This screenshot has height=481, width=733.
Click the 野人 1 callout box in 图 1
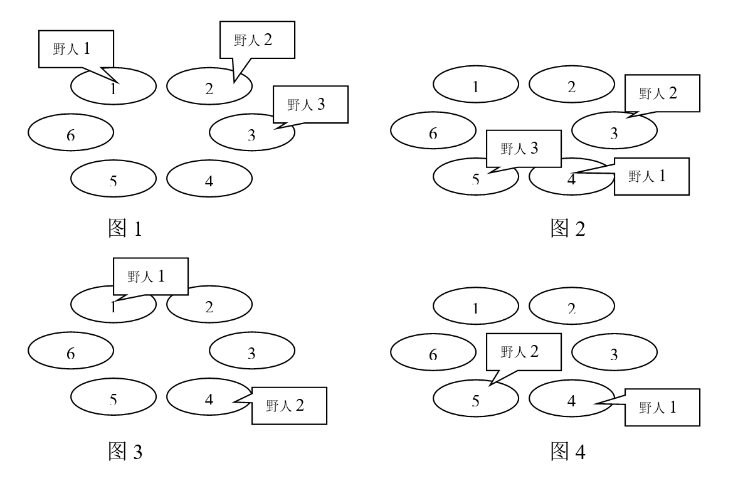(76, 48)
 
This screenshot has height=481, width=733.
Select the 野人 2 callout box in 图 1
(256, 40)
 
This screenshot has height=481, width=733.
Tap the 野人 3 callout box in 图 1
(310, 104)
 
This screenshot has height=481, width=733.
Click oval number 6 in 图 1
(71, 132)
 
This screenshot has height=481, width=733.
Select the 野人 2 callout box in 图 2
(662, 93)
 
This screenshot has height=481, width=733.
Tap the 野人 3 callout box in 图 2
(523, 149)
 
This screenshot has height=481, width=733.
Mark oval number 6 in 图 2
(433, 131)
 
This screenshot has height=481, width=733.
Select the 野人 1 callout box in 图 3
(150, 276)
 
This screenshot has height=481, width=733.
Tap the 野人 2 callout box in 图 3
(288, 406)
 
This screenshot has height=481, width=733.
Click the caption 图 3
(125, 450)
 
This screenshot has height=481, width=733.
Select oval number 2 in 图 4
(571, 307)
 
